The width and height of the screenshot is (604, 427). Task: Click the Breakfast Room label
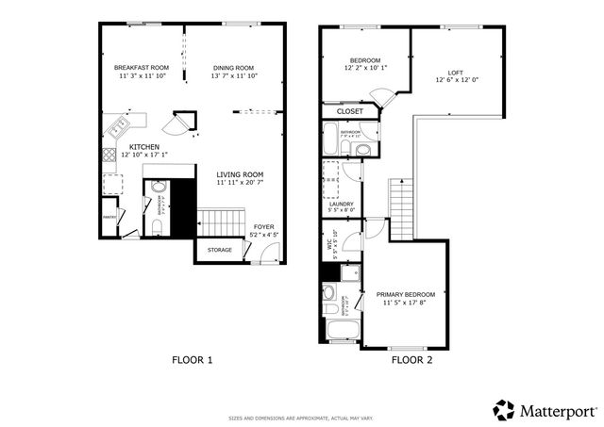(142, 68)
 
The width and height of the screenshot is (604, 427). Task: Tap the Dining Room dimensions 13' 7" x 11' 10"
(233, 76)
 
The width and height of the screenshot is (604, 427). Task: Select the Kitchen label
(144, 147)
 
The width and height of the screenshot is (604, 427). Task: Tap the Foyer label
(264, 226)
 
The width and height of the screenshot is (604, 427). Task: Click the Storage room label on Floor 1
(220, 250)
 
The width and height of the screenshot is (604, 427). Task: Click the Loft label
(456, 73)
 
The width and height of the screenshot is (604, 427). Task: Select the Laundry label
(341, 204)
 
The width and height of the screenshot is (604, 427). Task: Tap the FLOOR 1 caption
(193, 359)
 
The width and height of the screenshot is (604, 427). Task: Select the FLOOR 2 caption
(411, 359)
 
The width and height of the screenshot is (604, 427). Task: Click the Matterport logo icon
(504, 410)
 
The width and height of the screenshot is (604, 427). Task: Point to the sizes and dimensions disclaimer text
(301, 419)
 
